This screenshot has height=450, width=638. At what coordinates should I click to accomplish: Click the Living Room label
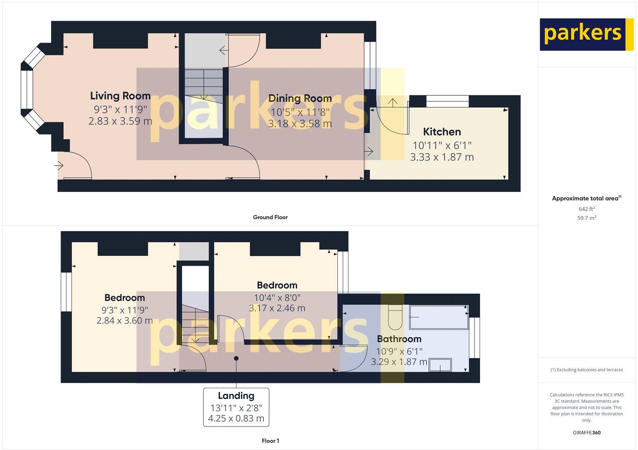(x=120, y=96)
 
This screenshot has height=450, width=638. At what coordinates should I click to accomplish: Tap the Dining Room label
(x=300, y=98)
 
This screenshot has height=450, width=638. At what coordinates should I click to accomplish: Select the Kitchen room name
(x=442, y=132)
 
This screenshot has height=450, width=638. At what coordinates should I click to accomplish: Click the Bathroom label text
(x=399, y=339)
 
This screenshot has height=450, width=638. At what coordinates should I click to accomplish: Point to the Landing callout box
(x=236, y=407)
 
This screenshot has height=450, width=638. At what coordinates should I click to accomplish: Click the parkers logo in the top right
(x=586, y=34)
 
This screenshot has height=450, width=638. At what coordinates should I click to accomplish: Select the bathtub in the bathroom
(x=439, y=318)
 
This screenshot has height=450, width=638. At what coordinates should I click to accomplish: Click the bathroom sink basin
(x=440, y=365)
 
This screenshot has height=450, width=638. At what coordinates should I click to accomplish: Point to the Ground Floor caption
(x=270, y=217)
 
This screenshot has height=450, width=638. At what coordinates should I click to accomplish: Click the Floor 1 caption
(x=270, y=441)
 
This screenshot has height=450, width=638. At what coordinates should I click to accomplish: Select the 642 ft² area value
(x=587, y=209)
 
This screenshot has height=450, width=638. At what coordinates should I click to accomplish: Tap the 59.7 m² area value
(x=587, y=218)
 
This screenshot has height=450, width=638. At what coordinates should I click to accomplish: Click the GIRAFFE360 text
(x=587, y=432)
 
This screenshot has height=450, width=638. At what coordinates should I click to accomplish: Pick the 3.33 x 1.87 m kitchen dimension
(x=442, y=157)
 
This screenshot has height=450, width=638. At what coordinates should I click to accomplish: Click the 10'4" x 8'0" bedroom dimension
(x=277, y=297)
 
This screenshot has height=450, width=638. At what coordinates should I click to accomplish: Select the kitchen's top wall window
(x=447, y=101)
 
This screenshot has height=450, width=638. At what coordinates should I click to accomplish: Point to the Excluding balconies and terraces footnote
(x=587, y=369)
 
